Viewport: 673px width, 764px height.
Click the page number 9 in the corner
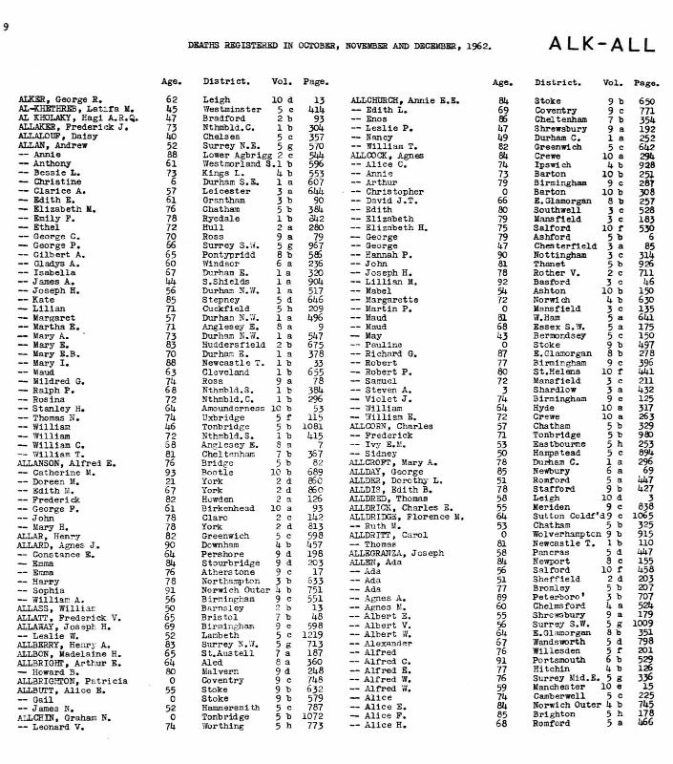(6, 26)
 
